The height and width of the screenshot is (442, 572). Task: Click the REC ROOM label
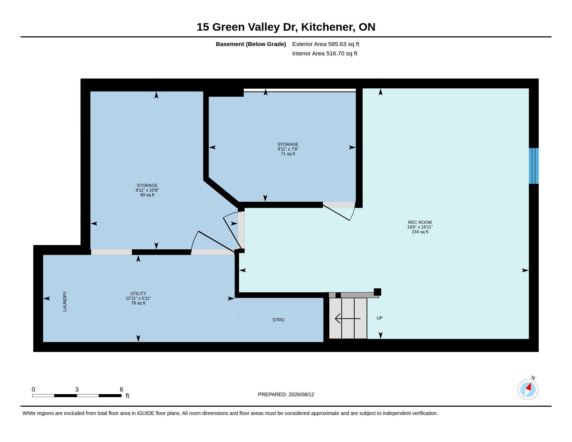tap(420, 222)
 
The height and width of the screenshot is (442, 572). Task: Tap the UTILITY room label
tap(138, 294)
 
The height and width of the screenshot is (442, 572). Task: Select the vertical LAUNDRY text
tap(65, 301)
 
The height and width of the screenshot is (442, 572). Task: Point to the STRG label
tap(278, 320)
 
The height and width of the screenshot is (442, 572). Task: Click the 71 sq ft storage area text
tap(288, 154)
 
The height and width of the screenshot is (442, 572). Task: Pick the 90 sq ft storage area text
tap(147, 195)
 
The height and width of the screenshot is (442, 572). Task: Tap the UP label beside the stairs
tap(380, 318)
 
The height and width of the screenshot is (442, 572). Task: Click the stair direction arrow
tap(348, 318)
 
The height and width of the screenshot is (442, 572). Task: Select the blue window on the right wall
tap(534, 166)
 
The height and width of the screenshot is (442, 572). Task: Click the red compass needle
tap(529, 387)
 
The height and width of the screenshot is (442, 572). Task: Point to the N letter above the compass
tap(533, 378)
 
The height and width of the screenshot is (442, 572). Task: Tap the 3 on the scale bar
tap(77, 389)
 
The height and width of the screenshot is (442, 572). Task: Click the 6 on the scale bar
tap(121, 389)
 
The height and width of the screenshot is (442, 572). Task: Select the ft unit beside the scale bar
tap(128, 395)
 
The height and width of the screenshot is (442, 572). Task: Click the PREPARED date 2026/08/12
tap(301, 394)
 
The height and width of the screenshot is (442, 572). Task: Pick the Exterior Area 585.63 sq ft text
tap(326, 44)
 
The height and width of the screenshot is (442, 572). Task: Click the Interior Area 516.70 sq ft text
tap(324, 53)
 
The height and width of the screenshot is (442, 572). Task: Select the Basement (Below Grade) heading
tap(251, 44)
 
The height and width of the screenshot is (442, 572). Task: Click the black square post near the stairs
tap(378, 292)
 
